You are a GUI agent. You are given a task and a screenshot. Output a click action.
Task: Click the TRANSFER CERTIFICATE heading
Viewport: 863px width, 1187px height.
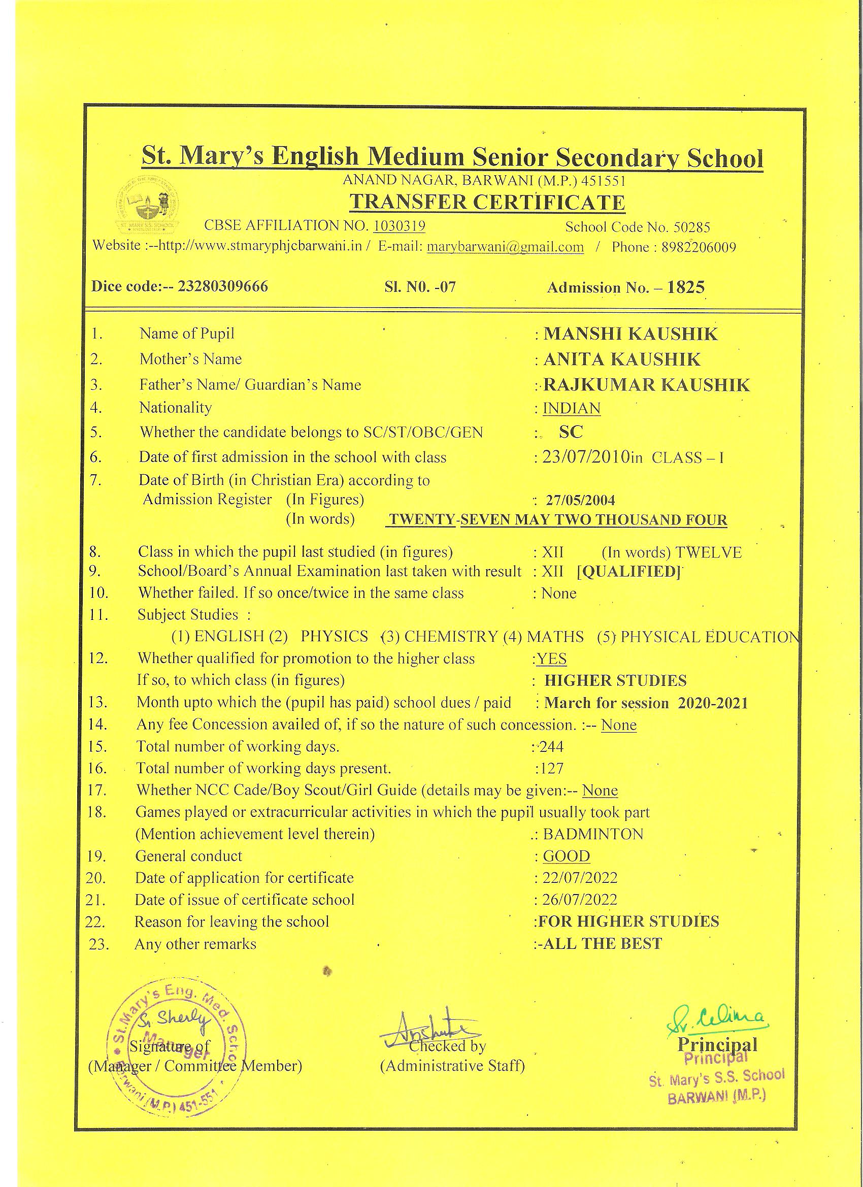(x=487, y=203)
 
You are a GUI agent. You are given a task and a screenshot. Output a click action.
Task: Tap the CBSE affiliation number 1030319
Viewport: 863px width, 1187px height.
(x=399, y=226)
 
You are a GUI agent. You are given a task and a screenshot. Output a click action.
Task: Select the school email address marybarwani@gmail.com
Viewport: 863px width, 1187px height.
(x=505, y=247)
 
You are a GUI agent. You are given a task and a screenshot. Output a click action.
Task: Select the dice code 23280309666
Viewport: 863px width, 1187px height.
(x=223, y=286)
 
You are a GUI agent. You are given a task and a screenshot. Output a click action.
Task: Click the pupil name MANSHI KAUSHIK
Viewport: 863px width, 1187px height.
(x=630, y=334)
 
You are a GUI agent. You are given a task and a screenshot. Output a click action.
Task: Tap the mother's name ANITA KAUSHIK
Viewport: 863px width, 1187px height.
(x=622, y=359)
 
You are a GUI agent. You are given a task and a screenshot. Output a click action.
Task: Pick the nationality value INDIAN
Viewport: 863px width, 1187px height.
(x=572, y=408)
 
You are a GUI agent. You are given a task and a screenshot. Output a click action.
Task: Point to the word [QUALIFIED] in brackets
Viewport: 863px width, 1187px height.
(x=628, y=572)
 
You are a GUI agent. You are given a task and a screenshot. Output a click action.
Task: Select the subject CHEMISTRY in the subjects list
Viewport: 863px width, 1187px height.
(x=451, y=637)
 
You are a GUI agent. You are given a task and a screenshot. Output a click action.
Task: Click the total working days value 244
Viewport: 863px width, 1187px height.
(x=551, y=747)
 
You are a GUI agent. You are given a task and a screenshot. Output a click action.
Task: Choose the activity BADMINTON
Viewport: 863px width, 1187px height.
(x=593, y=834)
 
